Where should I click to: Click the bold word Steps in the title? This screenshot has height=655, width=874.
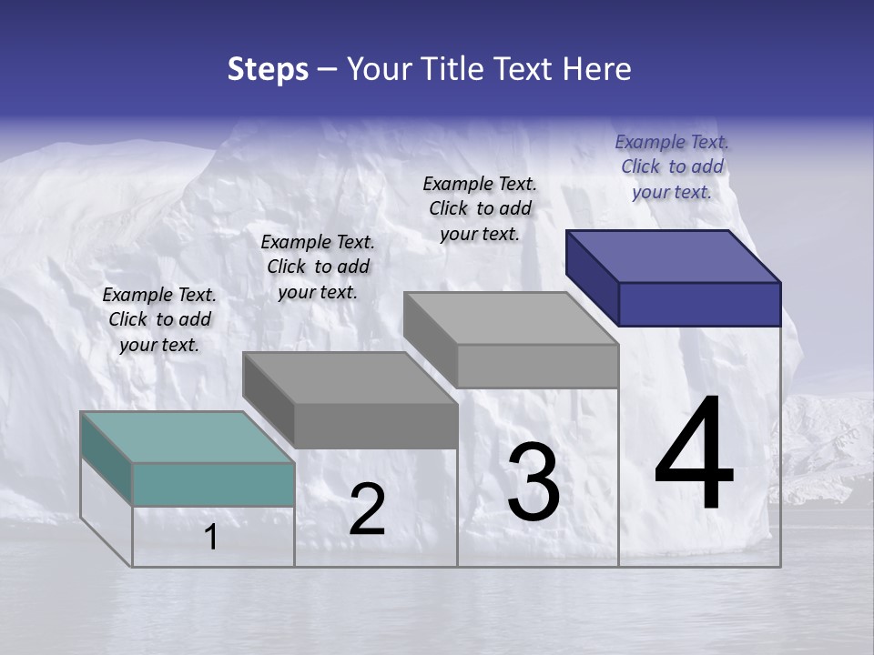(268, 69)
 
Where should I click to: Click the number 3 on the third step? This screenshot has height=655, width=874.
(533, 481)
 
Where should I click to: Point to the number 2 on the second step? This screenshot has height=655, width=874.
(367, 509)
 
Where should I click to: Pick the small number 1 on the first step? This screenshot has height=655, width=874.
(211, 538)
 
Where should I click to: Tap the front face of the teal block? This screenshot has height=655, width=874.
(213, 484)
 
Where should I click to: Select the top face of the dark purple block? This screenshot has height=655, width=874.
(674, 256)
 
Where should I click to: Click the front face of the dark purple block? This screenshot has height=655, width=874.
(699, 304)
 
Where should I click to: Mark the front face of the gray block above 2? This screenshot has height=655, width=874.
(375, 426)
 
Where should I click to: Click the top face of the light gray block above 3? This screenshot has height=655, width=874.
(511, 317)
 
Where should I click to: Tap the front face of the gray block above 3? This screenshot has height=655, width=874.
(537, 366)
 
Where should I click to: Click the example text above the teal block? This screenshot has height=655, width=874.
(159, 319)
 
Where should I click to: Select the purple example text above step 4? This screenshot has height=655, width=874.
(672, 166)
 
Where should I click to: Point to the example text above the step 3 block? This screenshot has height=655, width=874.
(480, 208)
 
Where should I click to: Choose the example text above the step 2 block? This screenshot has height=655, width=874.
(318, 267)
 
